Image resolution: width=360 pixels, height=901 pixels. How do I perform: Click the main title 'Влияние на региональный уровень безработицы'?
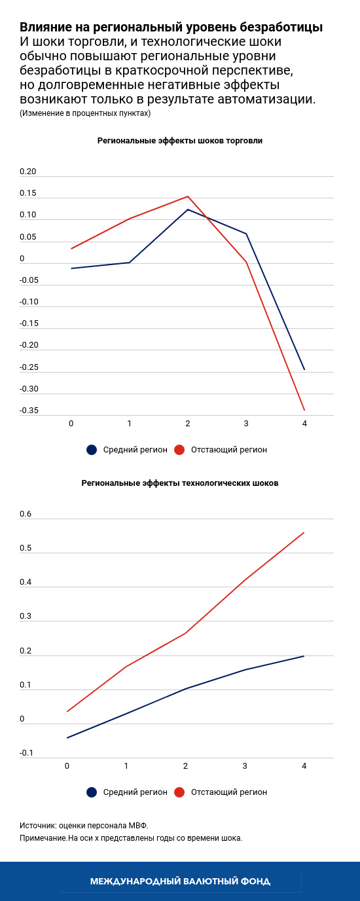(x=171, y=28)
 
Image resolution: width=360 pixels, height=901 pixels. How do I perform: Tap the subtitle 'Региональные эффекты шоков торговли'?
(x=180, y=141)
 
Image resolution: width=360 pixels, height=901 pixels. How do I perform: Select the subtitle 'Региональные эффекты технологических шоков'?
(x=180, y=483)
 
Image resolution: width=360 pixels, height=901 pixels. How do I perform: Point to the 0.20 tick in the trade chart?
(x=28, y=172)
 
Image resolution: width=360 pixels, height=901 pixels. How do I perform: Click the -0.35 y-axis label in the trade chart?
(x=29, y=411)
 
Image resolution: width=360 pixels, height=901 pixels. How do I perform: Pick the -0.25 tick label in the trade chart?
(x=29, y=368)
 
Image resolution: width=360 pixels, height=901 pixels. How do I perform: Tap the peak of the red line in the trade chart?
(x=188, y=196)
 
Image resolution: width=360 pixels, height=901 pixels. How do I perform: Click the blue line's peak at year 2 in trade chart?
(x=188, y=210)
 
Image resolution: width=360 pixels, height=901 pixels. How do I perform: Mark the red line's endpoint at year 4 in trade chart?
(x=304, y=410)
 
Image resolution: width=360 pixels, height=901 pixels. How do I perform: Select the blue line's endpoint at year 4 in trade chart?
(x=304, y=369)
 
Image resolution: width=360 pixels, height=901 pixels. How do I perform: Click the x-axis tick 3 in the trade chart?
(x=246, y=424)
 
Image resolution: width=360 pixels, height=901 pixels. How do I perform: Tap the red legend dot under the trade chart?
(x=179, y=450)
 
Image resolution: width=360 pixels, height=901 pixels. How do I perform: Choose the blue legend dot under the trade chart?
(x=92, y=450)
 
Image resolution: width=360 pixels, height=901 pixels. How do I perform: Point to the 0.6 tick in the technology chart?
(x=26, y=515)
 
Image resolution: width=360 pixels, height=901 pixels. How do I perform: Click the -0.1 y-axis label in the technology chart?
(x=27, y=754)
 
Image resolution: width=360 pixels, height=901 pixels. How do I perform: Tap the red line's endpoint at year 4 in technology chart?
(x=304, y=532)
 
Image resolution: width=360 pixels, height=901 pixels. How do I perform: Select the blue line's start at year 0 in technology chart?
(x=67, y=738)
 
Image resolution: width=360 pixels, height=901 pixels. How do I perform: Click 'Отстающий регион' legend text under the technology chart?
(x=229, y=792)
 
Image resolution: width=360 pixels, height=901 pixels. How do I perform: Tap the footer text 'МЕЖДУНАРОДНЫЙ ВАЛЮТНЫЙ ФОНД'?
(x=180, y=881)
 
